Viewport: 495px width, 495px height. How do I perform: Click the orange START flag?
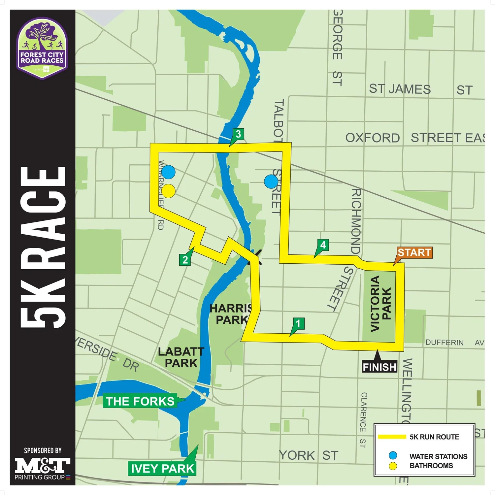pyautogui.click(x=414, y=253)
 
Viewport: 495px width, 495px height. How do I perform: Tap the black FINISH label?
pyautogui.click(x=379, y=367)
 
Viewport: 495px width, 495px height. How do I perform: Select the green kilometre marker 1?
pyautogui.click(x=298, y=324)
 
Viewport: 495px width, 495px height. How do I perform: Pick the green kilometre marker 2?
pyautogui.click(x=185, y=260)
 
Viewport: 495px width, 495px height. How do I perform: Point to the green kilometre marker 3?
pyautogui.click(x=238, y=134)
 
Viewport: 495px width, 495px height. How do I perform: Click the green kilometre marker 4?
pyautogui.click(x=323, y=245)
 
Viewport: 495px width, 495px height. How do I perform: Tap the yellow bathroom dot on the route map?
pyautogui.click(x=168, y=191)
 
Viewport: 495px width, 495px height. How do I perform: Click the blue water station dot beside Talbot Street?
pyautogui.click(x=271, y=181)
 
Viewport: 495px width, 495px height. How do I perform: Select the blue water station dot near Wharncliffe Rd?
pyautogui.click(x=168, y=172)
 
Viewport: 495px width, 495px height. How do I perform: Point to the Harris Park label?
pyautogui.click(x=231, y=314)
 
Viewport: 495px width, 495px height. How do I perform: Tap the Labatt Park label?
pyautogui.click(x=181, y=357)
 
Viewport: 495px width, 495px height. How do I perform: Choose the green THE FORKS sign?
pyautogui.click(x=140, y=401)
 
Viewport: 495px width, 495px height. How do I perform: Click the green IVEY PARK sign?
pyautogui.click(x=162, y=469)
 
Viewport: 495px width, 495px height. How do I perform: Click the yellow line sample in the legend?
pyautogui.click(x=392, y=437)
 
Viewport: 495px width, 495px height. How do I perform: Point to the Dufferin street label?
pyautogui.click(x=445, y=343)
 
